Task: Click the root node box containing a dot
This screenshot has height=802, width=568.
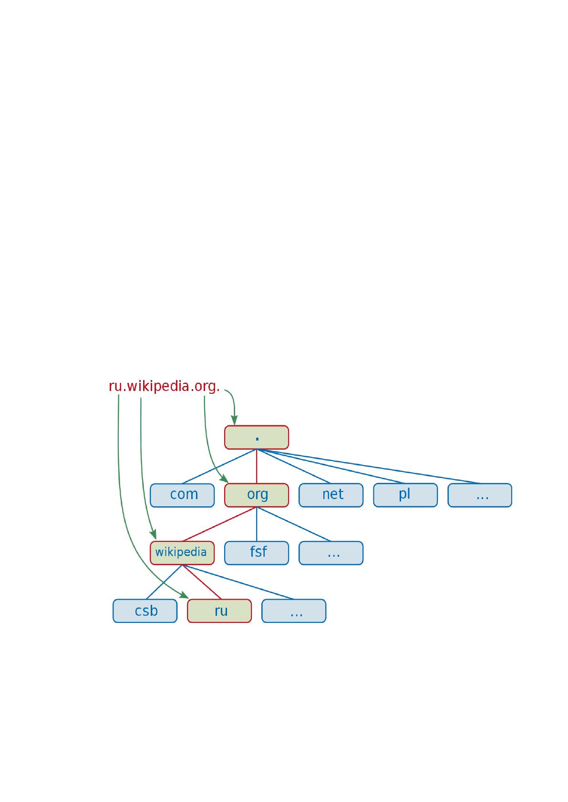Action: [x=257, y=437]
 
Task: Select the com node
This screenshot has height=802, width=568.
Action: [x=182, y=495]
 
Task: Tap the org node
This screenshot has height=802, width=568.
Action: [x=257, y=495]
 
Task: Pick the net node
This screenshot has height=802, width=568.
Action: [x=331, y=495]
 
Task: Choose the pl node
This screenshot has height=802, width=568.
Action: [x=405, y=495]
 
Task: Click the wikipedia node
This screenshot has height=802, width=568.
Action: [x=182, y=553]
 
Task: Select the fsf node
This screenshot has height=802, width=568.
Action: [x=257, y=553]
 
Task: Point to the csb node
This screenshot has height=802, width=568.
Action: [x=145, y=611]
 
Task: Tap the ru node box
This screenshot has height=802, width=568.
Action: [x=219, y=611]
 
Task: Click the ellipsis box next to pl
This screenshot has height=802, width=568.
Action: [x=480, y=495]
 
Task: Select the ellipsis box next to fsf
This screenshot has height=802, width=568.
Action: [x=331, y=553]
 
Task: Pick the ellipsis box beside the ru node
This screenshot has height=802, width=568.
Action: [x=294, y=611]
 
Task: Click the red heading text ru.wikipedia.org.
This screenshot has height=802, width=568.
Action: [x=164, y=386]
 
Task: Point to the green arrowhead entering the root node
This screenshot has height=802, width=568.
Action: [x=234, y=421]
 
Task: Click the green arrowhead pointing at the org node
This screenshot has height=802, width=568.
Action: [x=224, y=479]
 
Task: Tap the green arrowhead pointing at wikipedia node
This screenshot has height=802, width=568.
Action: [x=153, y=534]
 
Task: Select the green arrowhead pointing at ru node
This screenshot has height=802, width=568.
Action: [x=184, y=595]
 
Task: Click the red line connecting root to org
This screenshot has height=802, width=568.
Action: [x=257, y=466]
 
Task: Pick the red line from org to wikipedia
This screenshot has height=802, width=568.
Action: [x=219, y=524]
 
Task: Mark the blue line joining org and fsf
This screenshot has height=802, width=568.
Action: [x=257, y=524]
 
